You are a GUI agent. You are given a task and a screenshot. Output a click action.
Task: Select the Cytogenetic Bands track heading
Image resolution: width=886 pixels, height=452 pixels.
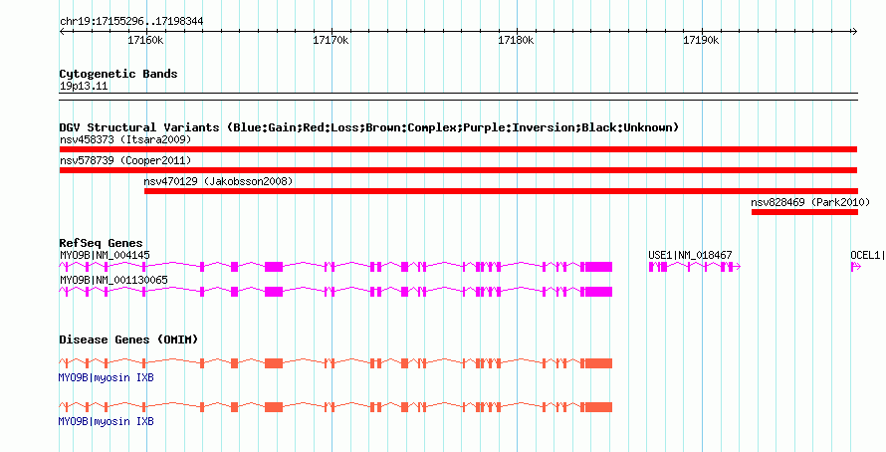click(118, 74)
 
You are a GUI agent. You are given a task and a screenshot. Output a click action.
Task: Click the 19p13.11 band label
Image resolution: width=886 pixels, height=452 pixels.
click(84, 87)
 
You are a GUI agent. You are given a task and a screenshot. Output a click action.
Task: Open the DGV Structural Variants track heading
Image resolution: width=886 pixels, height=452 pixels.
click(368, 127)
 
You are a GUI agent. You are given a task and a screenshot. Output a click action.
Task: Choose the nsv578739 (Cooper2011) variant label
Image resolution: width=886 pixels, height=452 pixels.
click(124, 160)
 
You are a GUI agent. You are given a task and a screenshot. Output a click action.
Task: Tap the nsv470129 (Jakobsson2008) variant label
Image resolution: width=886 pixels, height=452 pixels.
click(218, 181)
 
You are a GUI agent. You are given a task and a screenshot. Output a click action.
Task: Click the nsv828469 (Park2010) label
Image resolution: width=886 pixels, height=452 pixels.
click(810, 202)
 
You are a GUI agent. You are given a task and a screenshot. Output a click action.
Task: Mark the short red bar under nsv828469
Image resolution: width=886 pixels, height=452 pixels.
click(804, 211)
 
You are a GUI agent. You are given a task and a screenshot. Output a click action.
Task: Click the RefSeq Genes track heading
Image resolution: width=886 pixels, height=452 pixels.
click(101, 243)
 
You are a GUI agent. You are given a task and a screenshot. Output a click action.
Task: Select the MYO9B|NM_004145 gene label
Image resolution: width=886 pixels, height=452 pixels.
click(105, 255)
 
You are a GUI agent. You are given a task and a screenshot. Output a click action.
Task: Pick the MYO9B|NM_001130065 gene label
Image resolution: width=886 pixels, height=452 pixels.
click(113, 280)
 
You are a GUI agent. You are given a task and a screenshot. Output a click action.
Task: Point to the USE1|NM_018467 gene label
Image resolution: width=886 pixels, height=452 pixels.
click(690, 255)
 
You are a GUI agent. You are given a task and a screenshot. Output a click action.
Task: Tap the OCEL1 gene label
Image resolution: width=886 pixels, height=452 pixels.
click(866, 255)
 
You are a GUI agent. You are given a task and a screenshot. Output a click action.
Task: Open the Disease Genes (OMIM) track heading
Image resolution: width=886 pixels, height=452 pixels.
click(128, 339)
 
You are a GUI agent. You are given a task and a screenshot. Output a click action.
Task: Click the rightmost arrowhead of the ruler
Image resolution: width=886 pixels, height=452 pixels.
click(855, 32)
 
